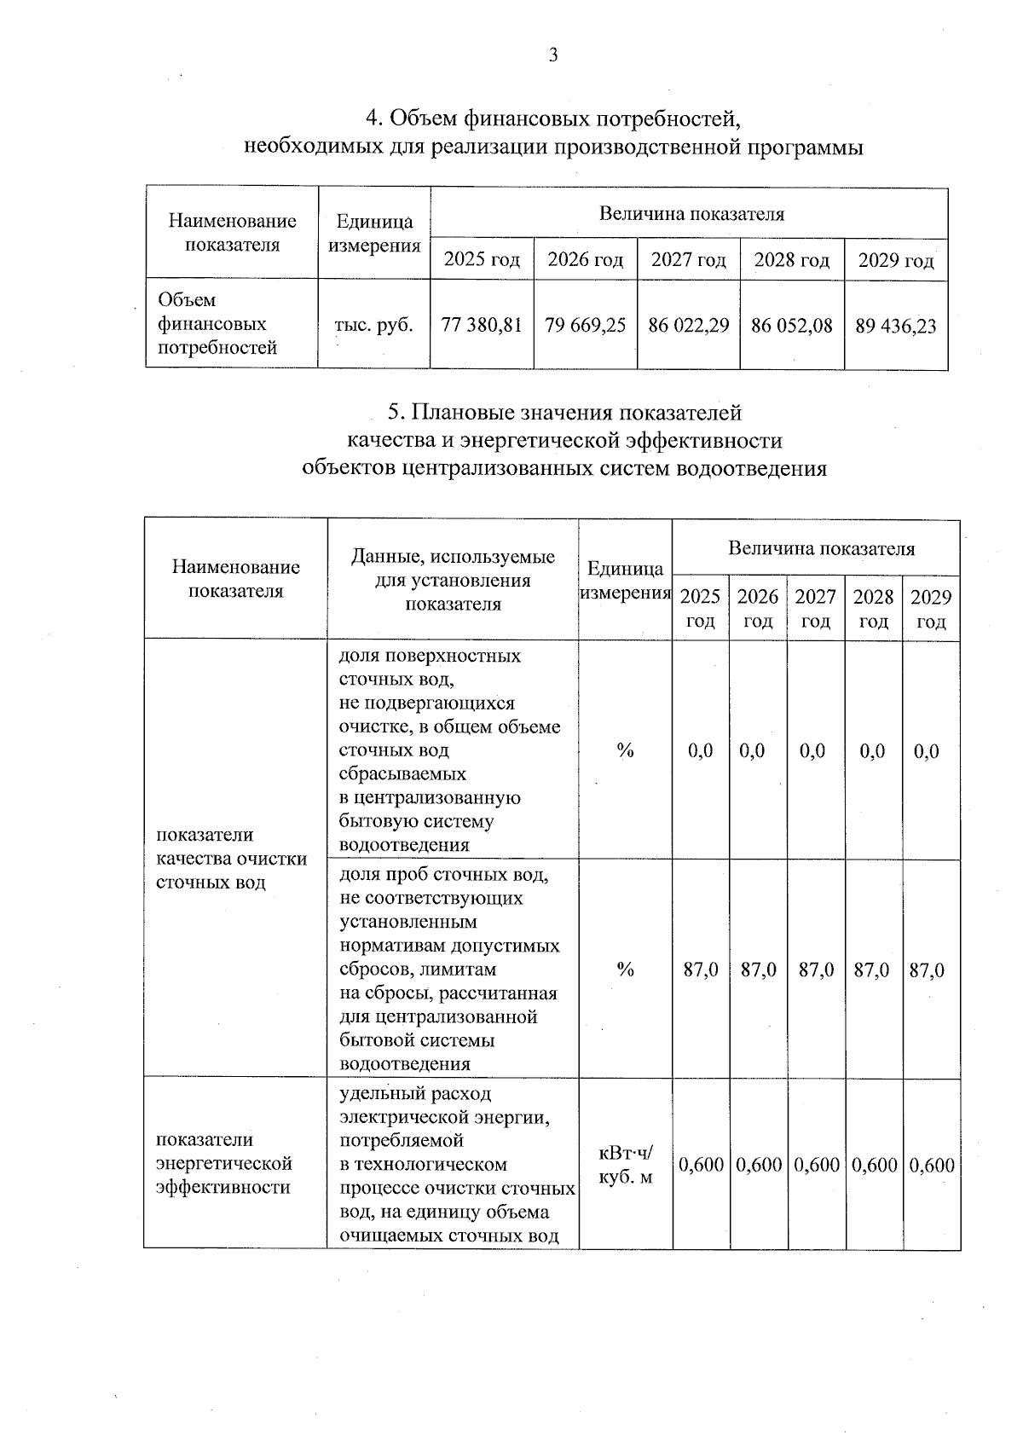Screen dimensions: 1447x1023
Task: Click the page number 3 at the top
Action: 553,56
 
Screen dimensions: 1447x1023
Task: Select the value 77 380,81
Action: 482,325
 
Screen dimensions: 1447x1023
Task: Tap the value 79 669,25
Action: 586,325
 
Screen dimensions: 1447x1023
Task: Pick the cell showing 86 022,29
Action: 689,325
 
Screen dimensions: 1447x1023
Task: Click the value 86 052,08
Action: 792,325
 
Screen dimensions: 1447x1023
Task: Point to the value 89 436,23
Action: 896,326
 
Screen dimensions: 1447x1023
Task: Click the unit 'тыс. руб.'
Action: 374,325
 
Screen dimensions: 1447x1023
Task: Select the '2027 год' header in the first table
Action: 689,259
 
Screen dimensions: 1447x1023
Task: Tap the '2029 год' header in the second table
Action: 931,609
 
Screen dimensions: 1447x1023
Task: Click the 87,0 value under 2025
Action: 701,969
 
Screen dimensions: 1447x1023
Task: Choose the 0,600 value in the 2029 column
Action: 932,1165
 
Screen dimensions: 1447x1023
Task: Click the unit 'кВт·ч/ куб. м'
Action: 626,1165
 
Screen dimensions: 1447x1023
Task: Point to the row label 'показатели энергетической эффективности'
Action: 224,1164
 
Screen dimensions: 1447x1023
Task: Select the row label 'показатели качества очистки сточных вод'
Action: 232,858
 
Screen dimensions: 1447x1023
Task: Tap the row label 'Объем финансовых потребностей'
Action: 218,324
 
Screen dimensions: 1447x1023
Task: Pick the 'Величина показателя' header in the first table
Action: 691,214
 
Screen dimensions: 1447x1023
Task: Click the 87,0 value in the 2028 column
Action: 872,969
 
